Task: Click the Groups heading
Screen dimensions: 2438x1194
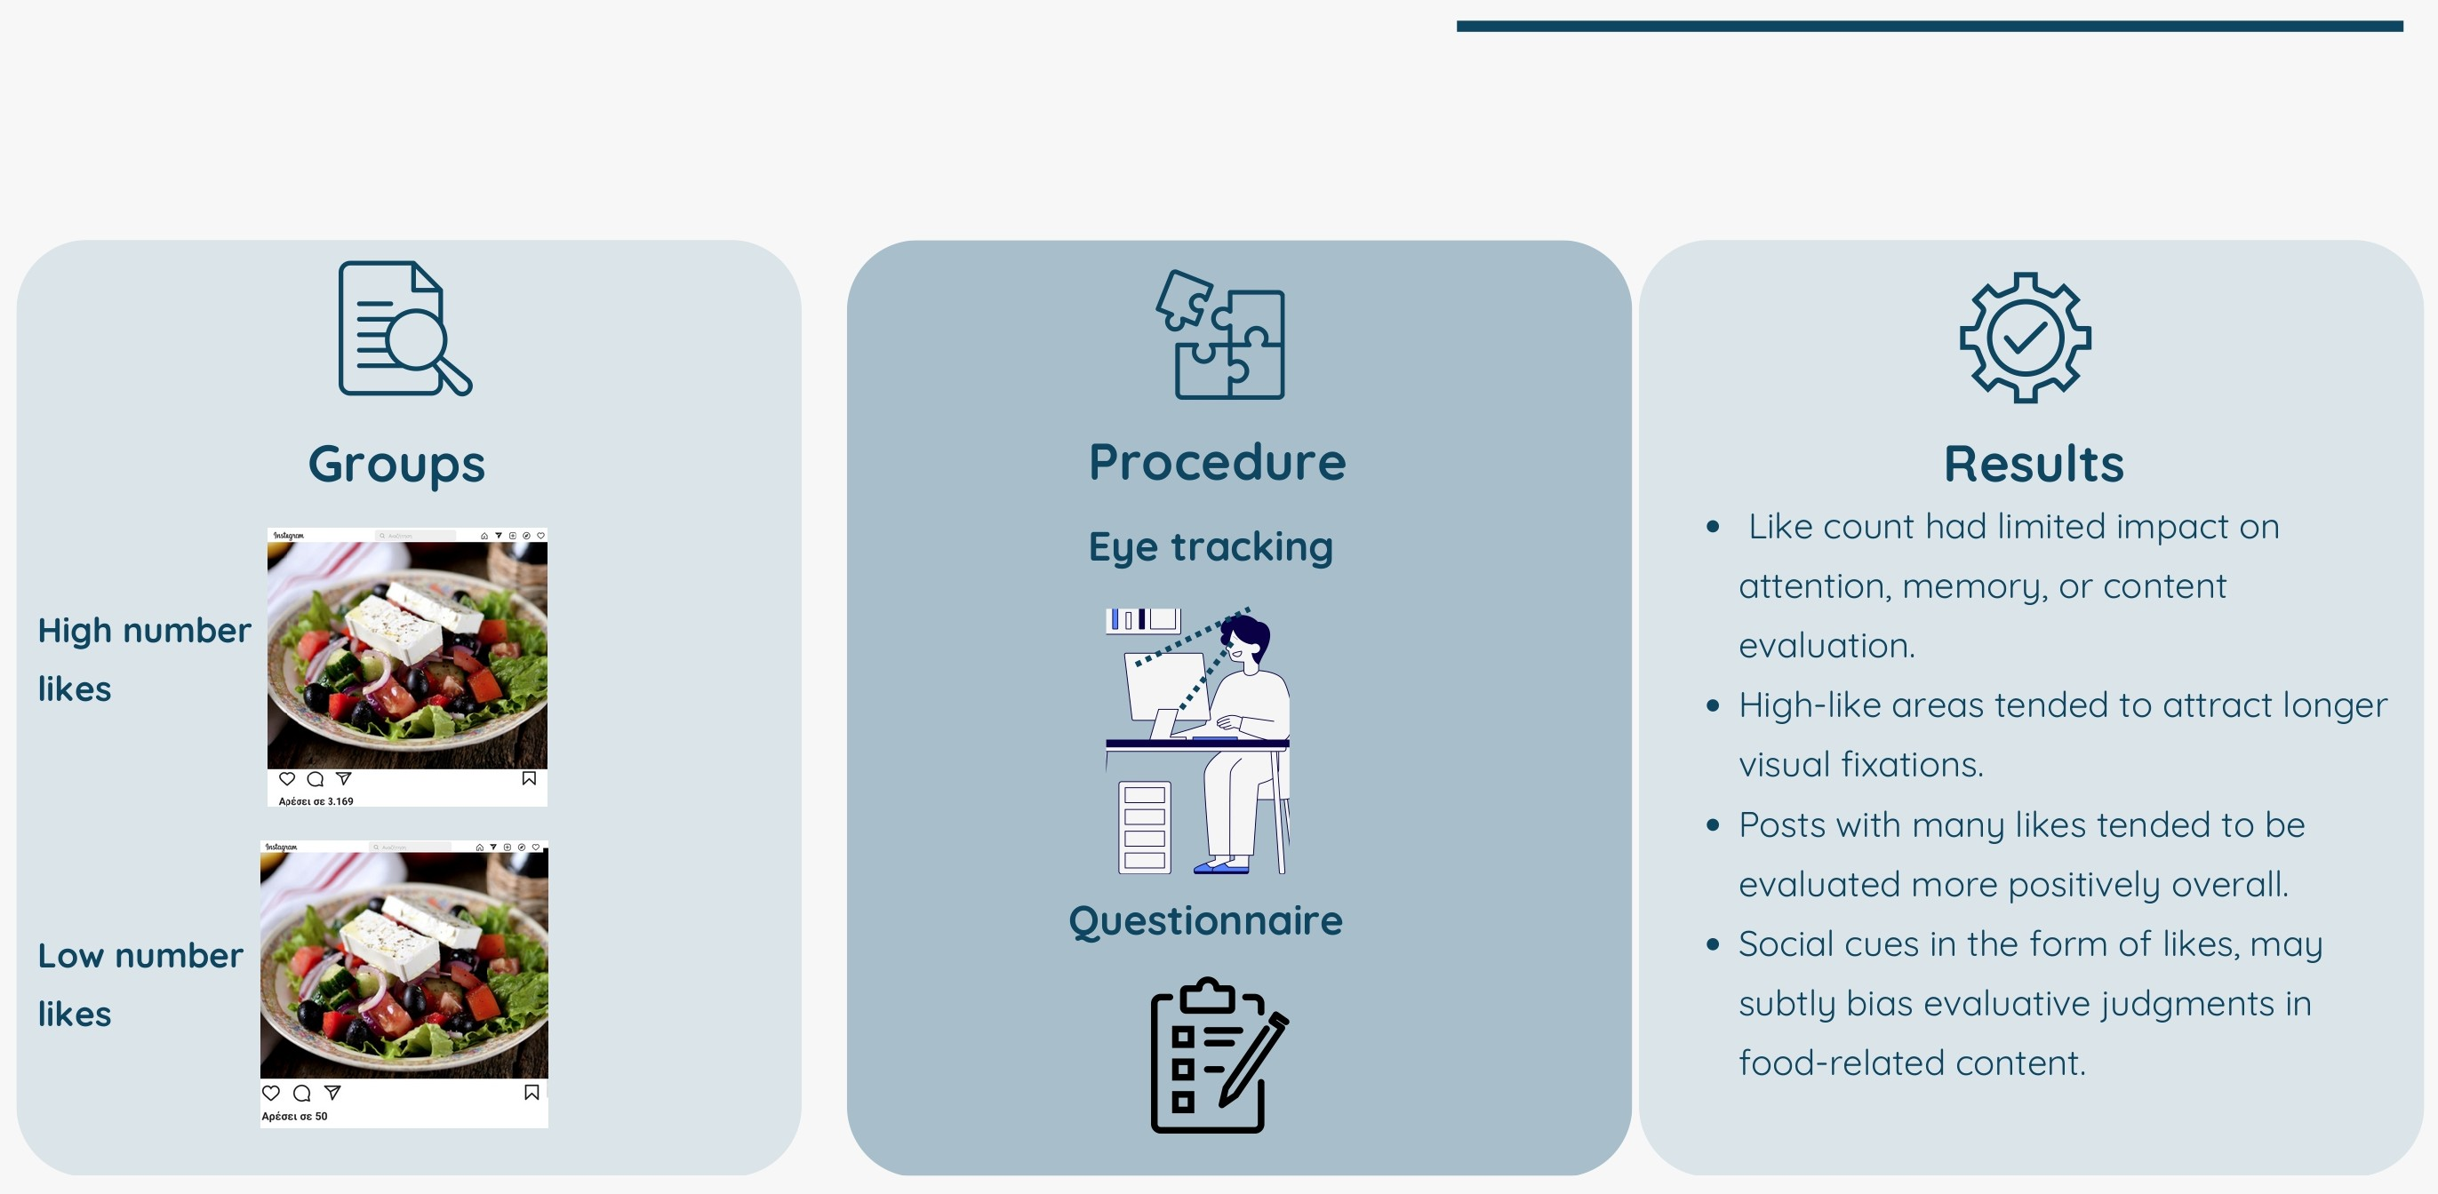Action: pos(396,465)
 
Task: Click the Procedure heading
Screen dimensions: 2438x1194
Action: pos(1216,463)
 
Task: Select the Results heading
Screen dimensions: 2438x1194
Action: pos(2033,465)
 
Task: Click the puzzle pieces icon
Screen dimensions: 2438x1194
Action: pos(1221,335)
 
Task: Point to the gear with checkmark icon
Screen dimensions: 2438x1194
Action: pos(2025,338)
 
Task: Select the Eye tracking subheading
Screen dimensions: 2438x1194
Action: pos(1211,547)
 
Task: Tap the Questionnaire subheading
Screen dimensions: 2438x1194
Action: pos(1206,920)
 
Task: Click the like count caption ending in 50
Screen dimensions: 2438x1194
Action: pos(294,1117)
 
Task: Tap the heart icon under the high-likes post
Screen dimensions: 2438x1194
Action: pos(287,778)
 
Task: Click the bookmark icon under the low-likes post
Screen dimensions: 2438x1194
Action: pos(532,1093)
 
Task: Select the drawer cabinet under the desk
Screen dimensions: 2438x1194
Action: pos(1144,827)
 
